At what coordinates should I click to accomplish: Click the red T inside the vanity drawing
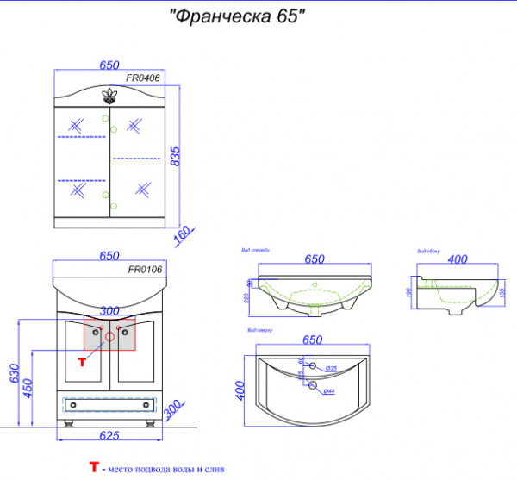point(82,362)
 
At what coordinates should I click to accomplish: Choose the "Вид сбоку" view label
point(429,251)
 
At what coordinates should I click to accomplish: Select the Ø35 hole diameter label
point(330,368)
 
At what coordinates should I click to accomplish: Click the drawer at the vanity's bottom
point(109,402)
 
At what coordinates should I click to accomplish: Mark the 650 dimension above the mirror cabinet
point(108,64)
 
